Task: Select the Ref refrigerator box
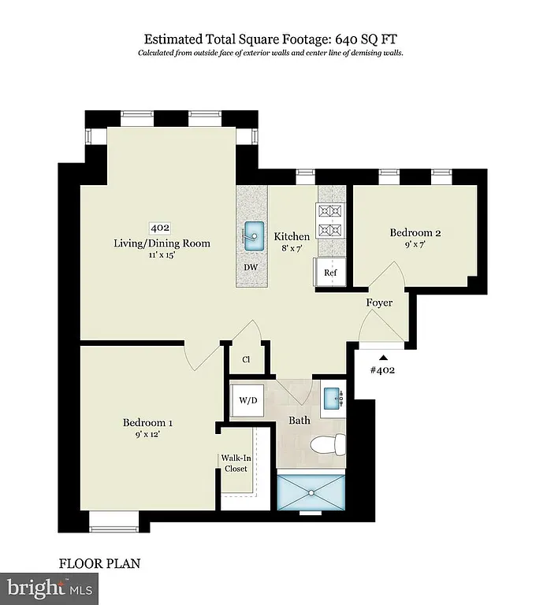[x=331, y=273]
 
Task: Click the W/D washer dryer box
[x=248, y=400]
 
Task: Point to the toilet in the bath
[x=327, y=445]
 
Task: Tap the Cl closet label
[x=246, y=359]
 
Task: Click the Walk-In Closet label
[x=234, y=462]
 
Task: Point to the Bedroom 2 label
[x=415, y=233]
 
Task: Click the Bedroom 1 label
[x=147, y=422]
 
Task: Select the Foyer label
[x=379, y=302]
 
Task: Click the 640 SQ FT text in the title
[x=370, y=39]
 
